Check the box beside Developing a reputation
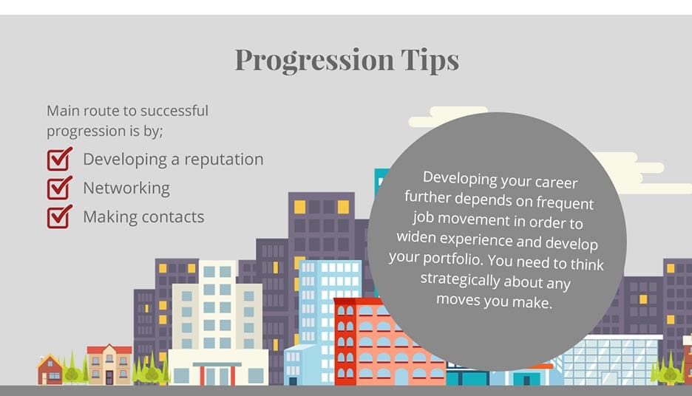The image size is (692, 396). [59, 159]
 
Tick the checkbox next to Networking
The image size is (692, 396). [59, 188]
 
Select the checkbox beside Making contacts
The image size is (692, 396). [59, 216]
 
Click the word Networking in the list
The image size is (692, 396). [126, 188]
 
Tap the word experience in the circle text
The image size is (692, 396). [503, 240]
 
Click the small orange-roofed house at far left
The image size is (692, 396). [50, 370]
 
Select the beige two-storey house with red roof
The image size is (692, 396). [109, 365]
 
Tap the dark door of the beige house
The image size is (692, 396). [109, 377]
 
